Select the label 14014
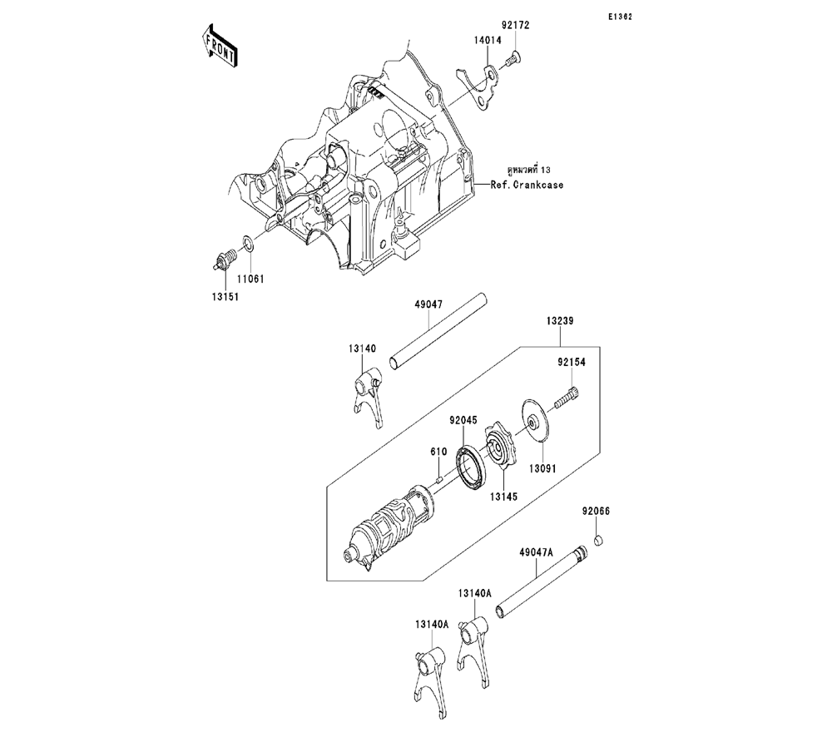click(x=488, y=39)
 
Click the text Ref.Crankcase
click(x=527, y=185)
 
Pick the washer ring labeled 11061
click(x=248, y=244)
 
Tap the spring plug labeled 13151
click(x=221, y=260)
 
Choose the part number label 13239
click(x=560, y=320)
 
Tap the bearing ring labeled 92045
click(x=470, y=463)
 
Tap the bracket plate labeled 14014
click(x=476, y=84)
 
